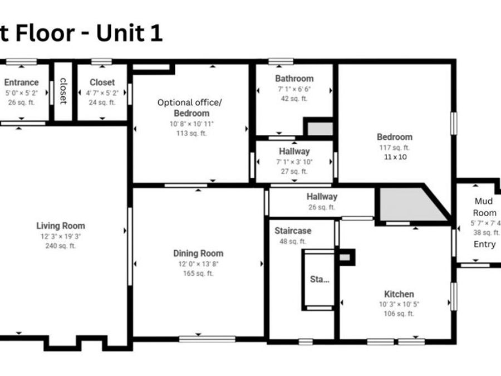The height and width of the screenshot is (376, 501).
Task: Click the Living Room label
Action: tap(61, 226)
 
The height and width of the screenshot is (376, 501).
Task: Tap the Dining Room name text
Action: tap(198, 253)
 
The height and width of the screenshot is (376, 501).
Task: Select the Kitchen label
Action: tap(399, 294)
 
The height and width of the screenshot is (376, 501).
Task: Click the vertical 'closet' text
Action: tap(63, 91)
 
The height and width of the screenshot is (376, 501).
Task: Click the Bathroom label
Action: tap(294, 79)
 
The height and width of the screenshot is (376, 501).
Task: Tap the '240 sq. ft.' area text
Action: tap(61, 246)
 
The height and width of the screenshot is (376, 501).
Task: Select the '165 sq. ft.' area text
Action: tap(198, 274)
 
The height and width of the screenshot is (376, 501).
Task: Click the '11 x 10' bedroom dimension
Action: tap(395, 157)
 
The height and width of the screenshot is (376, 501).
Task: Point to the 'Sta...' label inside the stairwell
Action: tap(320, 279)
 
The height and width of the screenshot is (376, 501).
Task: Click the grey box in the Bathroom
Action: tap(320, 129)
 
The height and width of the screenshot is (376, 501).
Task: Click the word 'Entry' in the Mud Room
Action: tap(484, 244)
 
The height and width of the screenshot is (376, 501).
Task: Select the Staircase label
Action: tap(293, 231)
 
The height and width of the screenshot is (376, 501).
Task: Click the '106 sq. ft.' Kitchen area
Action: tap(399, 314)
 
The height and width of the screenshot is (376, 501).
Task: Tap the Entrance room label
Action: tap(22, 82)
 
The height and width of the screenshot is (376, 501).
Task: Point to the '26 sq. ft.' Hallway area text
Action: tap(321, 207)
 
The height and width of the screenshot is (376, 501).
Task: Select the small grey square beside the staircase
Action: tap(345, 257)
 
